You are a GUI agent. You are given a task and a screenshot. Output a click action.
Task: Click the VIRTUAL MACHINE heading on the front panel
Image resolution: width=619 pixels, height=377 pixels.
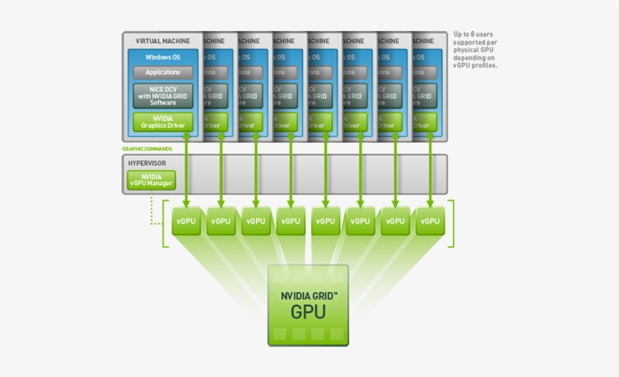point(162,41)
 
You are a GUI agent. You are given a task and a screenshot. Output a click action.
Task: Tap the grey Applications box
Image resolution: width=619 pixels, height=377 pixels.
point(162,73)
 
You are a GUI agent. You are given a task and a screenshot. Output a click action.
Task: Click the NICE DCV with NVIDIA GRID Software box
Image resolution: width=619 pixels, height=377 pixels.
point(162,95)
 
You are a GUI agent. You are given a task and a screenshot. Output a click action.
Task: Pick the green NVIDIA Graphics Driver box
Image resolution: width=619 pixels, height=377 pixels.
point(162,122)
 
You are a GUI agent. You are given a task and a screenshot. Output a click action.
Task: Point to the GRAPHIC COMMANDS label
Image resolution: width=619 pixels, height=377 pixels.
point(147,149)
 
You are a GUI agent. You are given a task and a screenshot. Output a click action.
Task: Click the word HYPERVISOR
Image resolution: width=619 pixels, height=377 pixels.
point(146,162)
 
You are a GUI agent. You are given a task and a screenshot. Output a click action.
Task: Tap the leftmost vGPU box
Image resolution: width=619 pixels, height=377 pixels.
point(186,221)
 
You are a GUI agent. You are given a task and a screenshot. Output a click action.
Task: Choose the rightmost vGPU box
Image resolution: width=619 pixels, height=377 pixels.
point(430,221)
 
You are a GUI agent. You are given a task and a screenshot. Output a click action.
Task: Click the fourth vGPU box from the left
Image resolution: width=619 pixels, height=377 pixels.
point(291,221)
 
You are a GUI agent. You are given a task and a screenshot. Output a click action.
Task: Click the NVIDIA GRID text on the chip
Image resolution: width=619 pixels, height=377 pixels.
point(308,297)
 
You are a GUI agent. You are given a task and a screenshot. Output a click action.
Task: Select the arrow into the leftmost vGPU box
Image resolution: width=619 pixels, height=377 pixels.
point(186,174)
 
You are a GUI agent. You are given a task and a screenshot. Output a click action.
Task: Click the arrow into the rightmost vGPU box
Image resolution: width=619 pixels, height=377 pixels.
point(430,174)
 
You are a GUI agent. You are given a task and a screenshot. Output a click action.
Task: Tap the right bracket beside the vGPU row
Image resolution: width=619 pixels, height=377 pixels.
point(451,224)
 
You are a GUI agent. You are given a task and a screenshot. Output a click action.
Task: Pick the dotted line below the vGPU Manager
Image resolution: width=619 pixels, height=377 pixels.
point(153,212)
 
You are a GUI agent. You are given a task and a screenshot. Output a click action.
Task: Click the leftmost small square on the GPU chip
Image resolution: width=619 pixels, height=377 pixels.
point(279,333)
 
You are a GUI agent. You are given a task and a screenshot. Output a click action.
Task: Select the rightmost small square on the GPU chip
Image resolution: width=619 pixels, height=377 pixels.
point(336,333)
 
